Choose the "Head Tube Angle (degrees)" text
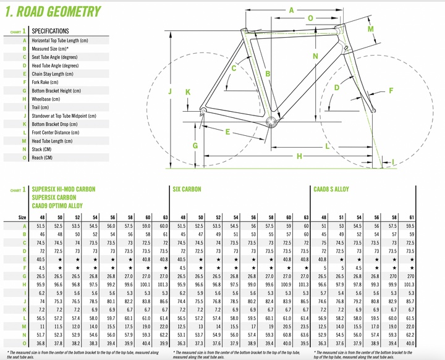[x=57, y=65]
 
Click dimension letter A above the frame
[x=291, y=10]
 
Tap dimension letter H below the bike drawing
[x=300, y=156]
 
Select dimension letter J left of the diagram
[x=169, y=92]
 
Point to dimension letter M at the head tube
[x=371, y=29]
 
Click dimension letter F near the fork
[x=390, y=91]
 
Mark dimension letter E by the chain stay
[x=227, y=132]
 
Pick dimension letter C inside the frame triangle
[x=234, y=69]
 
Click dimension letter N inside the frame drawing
[x=315, y=56]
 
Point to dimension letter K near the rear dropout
[x=188, y=92]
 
